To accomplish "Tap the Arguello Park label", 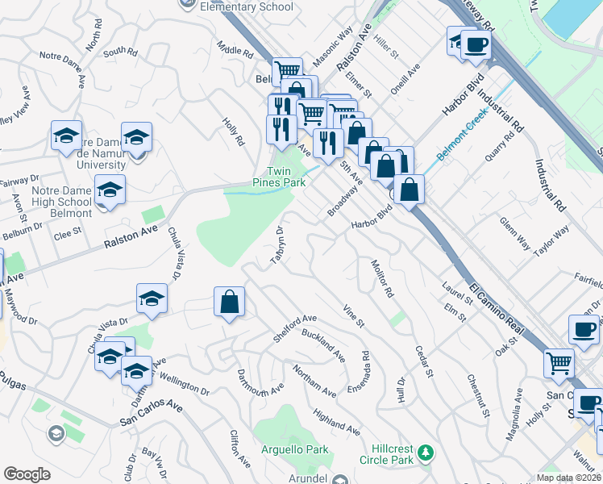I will point(285,449).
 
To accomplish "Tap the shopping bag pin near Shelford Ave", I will point(230,302).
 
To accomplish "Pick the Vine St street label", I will point(354,315).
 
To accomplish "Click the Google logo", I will point(27,474).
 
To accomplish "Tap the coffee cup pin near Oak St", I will point(584,329).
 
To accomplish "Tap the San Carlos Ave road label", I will point(151,411).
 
